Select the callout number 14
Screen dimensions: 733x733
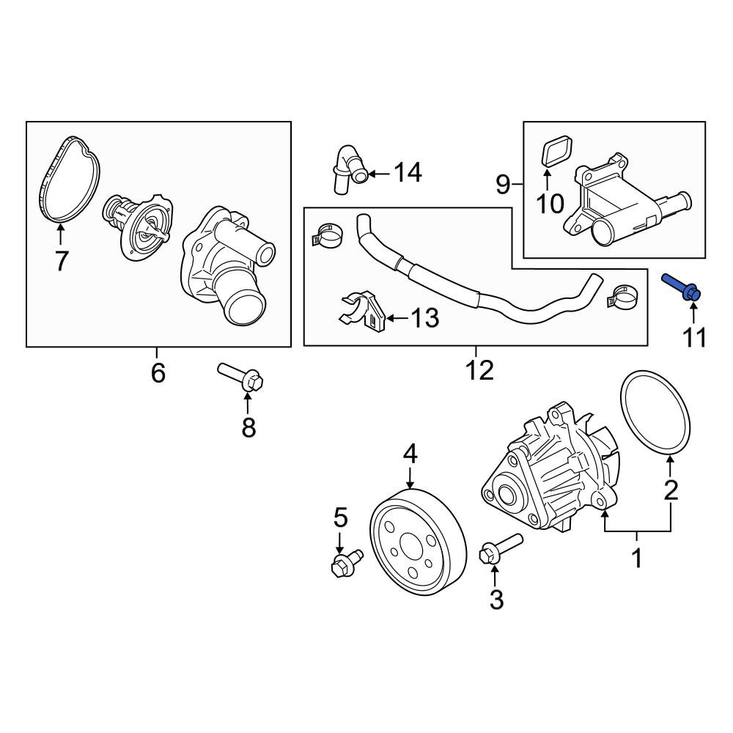point(408,172)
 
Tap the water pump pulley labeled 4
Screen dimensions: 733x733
point(419,542)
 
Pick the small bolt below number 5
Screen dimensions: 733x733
point(347,563)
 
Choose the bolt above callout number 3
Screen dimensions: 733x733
point(501,548)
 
